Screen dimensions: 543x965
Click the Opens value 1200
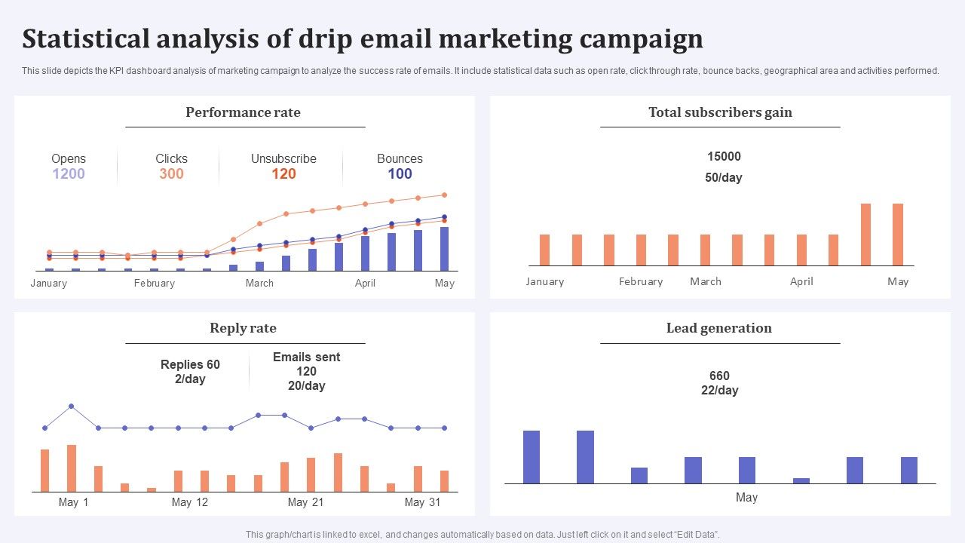[69, 174]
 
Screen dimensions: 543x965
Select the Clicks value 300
[171, 174]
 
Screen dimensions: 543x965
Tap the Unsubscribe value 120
[283, 174]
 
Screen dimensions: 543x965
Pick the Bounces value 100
[400, 174]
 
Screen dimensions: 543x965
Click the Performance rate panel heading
[243, 112]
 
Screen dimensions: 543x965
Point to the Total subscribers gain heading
[720, 112]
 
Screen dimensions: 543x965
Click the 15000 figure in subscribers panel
[724, 157]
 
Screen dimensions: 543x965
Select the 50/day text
[724, 178]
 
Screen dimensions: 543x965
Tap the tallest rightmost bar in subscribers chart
[897, 234]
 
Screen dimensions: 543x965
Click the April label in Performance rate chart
[365, 284]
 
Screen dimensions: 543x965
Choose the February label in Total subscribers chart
[640, 282]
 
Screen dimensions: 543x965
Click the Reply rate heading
[243, 328]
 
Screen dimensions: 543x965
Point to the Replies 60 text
[190, 365]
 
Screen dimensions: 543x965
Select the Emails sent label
[306, 357]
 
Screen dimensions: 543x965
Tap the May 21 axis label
[306, 502]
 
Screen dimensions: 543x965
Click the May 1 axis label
[73, 502]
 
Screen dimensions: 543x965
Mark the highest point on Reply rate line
[72, 406]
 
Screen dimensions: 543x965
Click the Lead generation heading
[718, 328]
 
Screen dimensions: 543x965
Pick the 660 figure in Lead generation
[719, 376]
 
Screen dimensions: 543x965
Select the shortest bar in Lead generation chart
[801, 480]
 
